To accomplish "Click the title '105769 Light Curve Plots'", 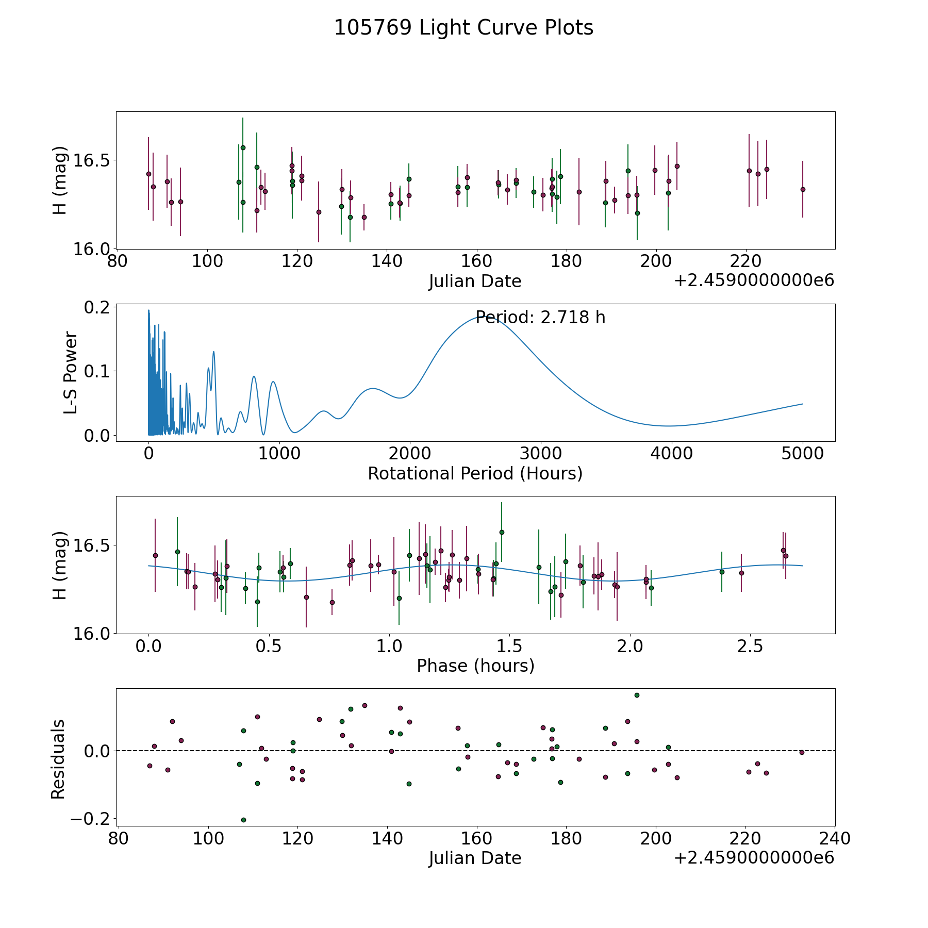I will (463, 28).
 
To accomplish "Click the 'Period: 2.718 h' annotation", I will (540, 317).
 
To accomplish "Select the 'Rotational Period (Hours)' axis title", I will (475, 473).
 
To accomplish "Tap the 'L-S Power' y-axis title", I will (71, 373).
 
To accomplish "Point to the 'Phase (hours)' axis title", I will (475, 666).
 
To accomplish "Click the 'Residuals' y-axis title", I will (58, 759).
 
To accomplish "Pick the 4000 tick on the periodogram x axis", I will (672, 454).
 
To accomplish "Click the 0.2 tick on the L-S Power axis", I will (97, 307).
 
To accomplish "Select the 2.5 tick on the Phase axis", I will (750, 647).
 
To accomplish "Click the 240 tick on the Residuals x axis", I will (835, 839).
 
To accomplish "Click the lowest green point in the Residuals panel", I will (243, 820).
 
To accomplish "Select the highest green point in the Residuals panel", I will (637, 695).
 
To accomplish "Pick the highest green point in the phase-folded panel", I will (502, 532).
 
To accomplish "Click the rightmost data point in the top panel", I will (803, 189).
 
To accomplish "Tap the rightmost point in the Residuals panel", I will (802, 752).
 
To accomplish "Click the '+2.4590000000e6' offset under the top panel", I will (754, 281).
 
